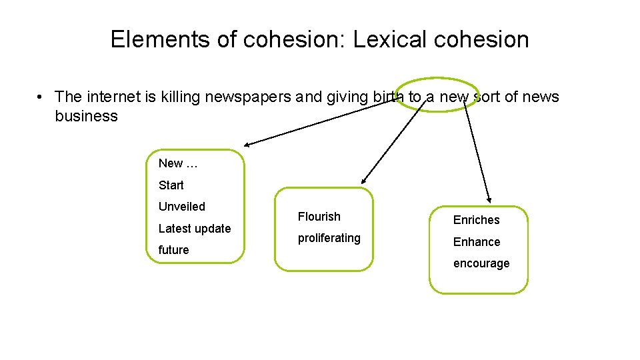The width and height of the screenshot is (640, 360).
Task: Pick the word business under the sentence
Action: tap(86, 117)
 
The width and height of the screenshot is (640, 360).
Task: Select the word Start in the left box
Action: tap(171, 185)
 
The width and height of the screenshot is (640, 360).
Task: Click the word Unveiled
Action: tap(181, 207)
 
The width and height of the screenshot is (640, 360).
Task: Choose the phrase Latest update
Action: tap(195, 229)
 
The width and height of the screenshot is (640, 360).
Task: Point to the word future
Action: tap(173, 250)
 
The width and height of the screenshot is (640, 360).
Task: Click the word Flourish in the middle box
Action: tap(319, 217)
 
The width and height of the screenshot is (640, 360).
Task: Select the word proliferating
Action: tap(329, 238)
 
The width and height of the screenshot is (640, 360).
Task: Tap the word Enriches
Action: tap(476, 220)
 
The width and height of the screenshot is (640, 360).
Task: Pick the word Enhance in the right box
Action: tap(476, 242)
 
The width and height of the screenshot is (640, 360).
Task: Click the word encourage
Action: tap(481, 263)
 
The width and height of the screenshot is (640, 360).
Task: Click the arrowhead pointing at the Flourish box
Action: tap(363, 180)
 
